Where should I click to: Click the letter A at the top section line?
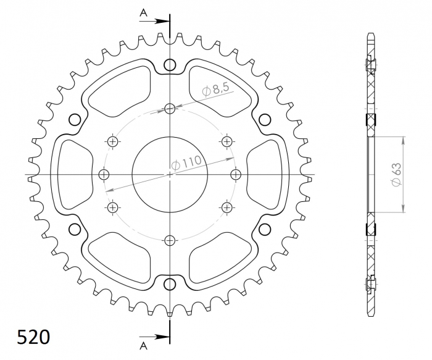coord(143,12)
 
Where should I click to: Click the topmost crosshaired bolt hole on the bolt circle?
coord(170,109)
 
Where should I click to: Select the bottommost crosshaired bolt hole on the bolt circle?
coord(170,240)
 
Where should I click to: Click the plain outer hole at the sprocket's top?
coord(170,65)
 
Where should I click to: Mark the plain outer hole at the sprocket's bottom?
coord(170,285)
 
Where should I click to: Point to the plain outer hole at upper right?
coord(265,119)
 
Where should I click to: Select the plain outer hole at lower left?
coord(75,230)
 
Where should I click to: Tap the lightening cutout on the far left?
coord(71,175)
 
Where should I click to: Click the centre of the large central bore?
coord(170,175)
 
